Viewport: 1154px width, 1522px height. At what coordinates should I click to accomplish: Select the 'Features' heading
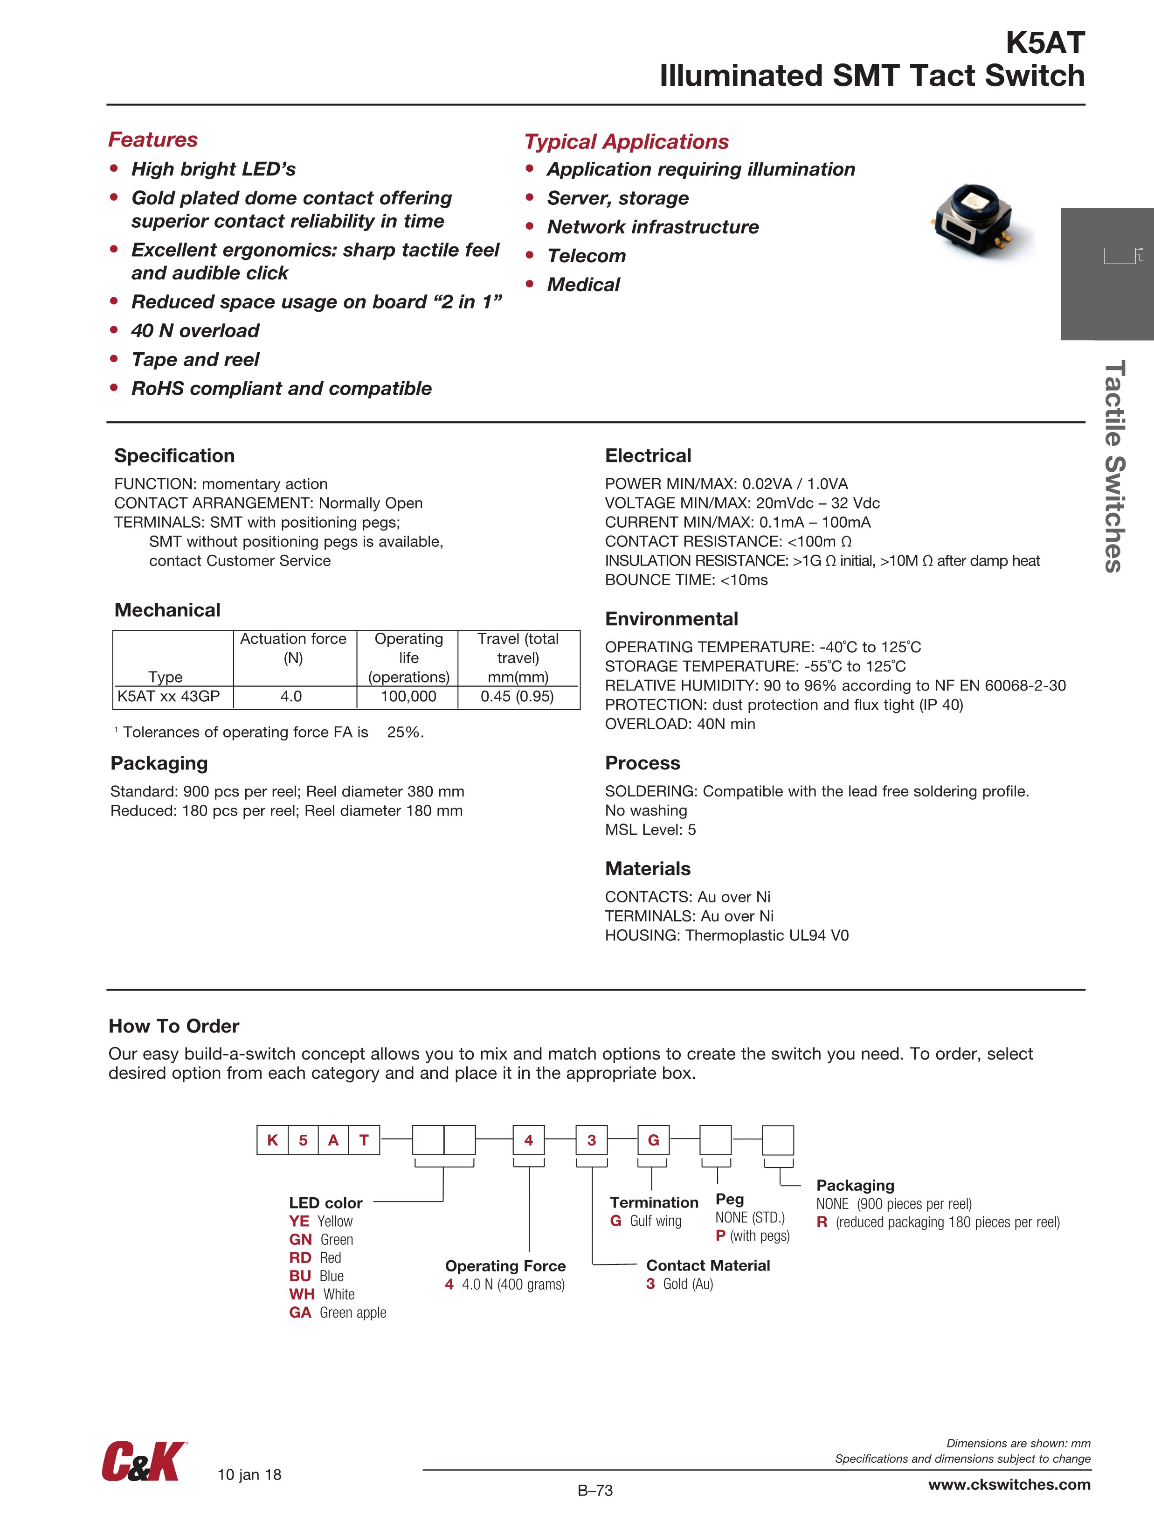152,140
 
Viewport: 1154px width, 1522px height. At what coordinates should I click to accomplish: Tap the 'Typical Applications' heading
626,142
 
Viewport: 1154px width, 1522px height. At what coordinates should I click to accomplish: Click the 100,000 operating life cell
408,696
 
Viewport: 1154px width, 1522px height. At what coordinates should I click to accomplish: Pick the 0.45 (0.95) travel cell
517,696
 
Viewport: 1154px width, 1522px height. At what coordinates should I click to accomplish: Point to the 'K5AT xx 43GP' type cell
168,696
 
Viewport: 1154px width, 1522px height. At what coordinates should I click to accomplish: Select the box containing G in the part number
653,1140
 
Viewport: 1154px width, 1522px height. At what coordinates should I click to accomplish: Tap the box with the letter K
272,1140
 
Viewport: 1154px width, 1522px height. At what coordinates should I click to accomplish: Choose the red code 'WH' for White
302,1294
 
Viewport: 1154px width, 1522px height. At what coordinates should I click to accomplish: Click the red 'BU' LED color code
301,1276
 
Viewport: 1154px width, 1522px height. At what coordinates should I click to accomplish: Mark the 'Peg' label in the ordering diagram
730,1199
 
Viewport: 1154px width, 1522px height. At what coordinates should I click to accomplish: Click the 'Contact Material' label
708,1265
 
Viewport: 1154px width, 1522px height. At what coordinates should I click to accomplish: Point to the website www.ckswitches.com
1009,1484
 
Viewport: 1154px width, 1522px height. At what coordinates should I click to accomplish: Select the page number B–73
595,1490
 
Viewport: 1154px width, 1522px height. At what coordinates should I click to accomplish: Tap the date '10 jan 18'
249,1474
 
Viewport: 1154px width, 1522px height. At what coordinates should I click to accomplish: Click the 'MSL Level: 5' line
650,830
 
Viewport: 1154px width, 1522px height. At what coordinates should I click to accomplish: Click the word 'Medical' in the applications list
583,285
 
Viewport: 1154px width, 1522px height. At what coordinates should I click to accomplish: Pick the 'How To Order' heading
174,1026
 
